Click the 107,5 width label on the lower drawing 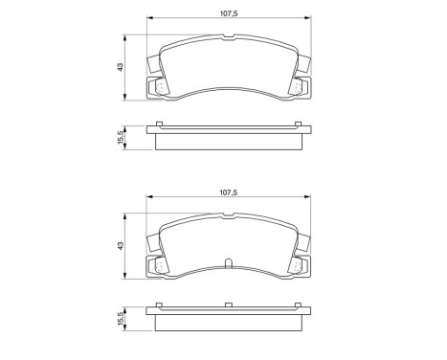(x=228, y=192)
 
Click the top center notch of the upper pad (x=228, y=39)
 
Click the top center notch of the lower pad (x=228, y=219)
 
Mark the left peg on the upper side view (x=159, y=126)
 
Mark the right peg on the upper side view (x=298, y=126)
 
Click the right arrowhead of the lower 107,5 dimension (x=308, y=199)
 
